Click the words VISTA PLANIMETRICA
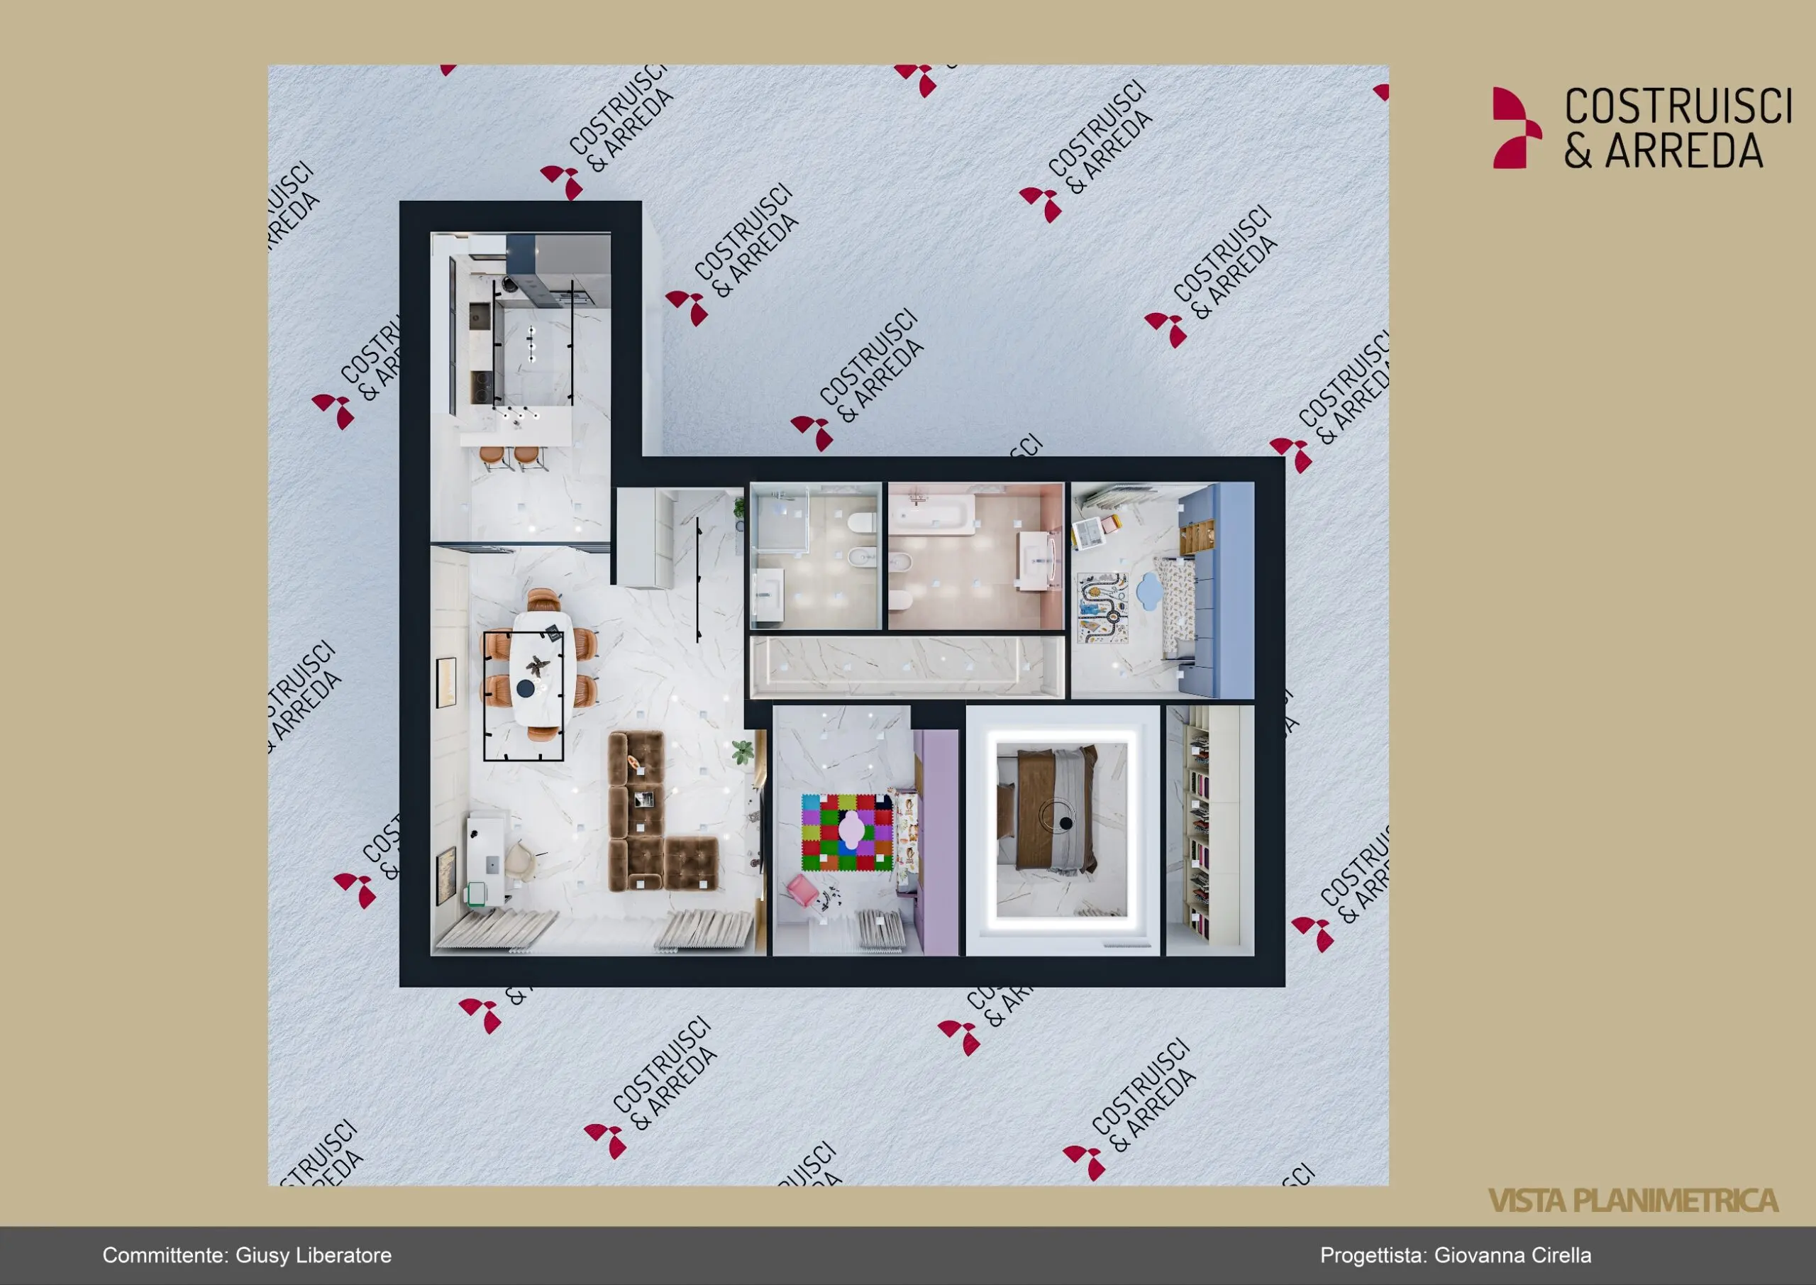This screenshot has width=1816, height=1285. click(x=1632, y=1200)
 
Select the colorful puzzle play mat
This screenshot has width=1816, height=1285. click(x=847, y=832)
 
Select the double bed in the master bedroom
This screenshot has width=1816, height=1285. click(x=1046, y=810)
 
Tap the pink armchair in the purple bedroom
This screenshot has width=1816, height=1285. click(x=803, y=889)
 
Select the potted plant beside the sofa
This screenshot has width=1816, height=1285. click(x=742, y=751)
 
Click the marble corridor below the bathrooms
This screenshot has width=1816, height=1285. click(x=907, y=666)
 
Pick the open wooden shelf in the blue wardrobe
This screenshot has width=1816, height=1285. click(x=1196, y=536)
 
